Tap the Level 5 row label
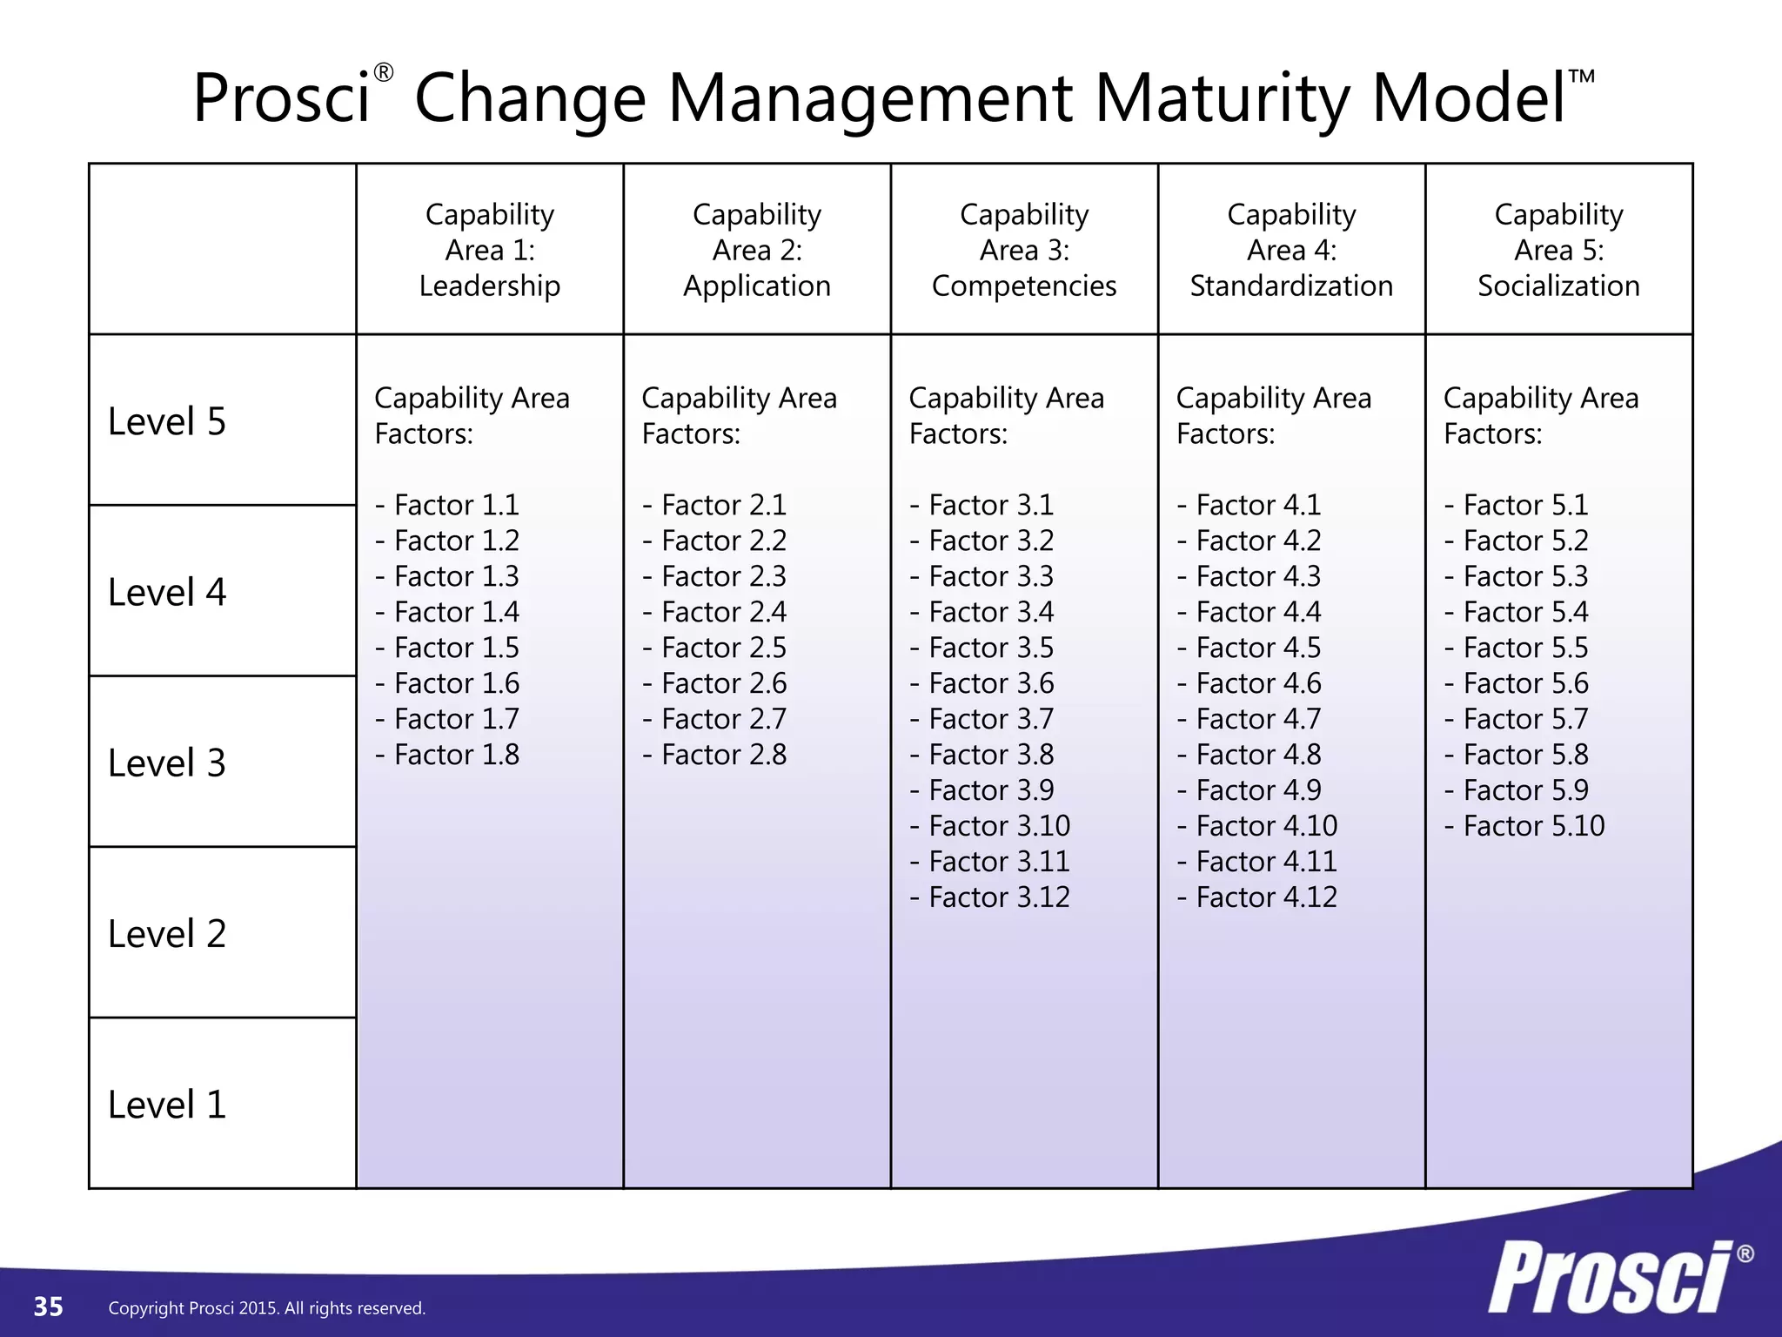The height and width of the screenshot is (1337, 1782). click(x=167, y=421)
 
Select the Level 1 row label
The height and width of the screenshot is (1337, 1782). click(x=167, y=1105)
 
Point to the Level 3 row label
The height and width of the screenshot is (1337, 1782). click(x=167, y=763)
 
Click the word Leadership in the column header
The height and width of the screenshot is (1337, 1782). click(x=490, y=286)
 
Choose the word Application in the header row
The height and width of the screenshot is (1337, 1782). click(x=757, y=286)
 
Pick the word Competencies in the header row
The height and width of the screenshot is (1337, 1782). click(x=1024, y=286)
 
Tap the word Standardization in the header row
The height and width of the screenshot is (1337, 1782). click(x=1291, y=286)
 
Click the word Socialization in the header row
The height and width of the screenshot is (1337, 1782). click(x=1558, y=286)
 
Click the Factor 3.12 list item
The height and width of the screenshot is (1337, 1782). click(x=991, y=897)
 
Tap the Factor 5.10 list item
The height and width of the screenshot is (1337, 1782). click(x=1525, y=826)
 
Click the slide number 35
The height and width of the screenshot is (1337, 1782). click(x=49, y=1307)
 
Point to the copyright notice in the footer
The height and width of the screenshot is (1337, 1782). click(x=267, y=1308)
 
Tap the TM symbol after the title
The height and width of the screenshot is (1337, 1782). click(x=1582, y=77)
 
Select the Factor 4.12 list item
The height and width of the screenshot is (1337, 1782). click(x=1258, y=897)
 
